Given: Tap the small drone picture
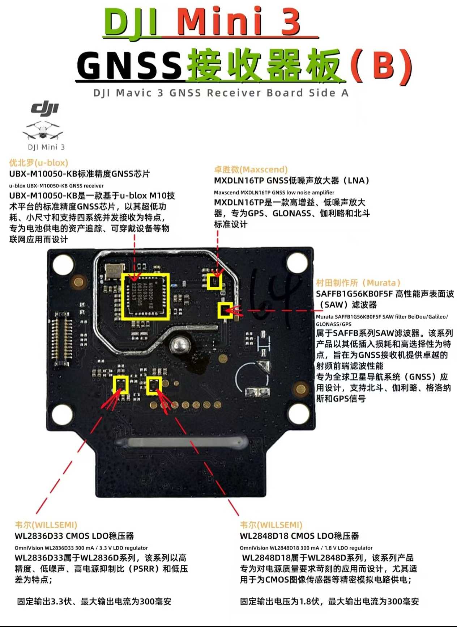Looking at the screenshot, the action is click(x=43, y=131).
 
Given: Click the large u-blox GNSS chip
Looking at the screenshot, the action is click(x=145, y=296).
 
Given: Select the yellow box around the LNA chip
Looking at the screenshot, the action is click(x=214, y=281).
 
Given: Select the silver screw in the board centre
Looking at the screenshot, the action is click(x=179, y=345).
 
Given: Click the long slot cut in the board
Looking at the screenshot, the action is click(x=181, y=442).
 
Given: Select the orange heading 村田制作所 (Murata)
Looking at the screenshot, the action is click(x=358, y=283).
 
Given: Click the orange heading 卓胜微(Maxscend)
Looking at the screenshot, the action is click(x=251, y=169).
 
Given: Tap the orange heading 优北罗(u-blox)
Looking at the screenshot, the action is click(x=39, y=163).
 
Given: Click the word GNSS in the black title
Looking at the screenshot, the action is click(x=129, y=65).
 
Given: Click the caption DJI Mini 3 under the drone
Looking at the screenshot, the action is click(x=46, y=147).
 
